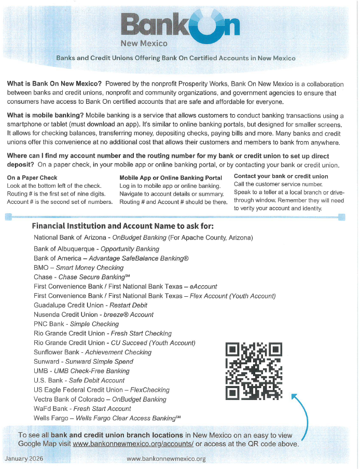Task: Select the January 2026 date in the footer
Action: [x=24, y=459]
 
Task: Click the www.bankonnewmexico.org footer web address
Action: [x=166, y=459]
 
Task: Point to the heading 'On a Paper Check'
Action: [x=32, y=177]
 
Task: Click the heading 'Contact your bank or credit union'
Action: [x=281, y=176]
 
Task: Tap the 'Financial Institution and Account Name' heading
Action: [x=122, y=226]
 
